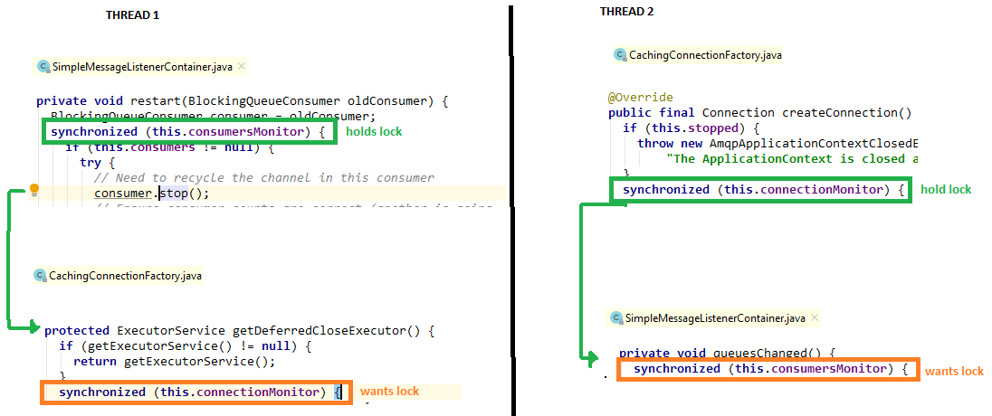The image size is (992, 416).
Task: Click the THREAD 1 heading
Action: (x=133, y=15)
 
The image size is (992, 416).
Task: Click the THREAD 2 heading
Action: (x=626, y=12)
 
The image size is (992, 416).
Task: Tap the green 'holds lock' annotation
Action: (x=373, y=131)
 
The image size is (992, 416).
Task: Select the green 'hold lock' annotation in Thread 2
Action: (x=946, y=189)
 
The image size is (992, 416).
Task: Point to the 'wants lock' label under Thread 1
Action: (x=389, y=392)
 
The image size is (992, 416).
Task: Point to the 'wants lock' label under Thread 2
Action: (x=954, y=371)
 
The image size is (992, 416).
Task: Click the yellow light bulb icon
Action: (x=35, y=190)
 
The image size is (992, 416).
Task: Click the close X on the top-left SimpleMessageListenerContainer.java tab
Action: (x=242, y=66)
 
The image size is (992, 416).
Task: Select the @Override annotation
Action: (x=641, y=97)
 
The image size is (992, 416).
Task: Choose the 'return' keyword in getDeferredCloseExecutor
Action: (x=94, y=361)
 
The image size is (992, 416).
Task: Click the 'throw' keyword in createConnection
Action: (x=655, y=143)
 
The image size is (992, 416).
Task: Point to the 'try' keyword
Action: (x=90, y=162)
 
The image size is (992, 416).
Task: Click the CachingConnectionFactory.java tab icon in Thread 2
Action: (x=620, y=55)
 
